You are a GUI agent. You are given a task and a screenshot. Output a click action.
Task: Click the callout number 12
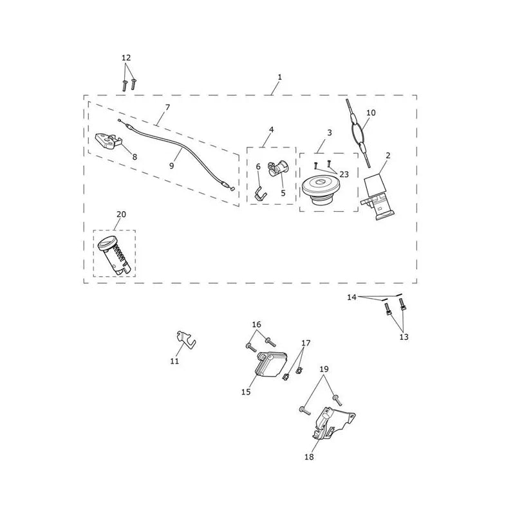tap(126, 58)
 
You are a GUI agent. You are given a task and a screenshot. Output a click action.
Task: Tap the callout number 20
tap(121, 214)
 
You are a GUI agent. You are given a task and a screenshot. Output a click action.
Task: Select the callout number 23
tap(344, 174)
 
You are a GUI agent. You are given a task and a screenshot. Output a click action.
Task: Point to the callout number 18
tap(309, 456)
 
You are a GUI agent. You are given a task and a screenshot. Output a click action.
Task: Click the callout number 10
tap(371, 113)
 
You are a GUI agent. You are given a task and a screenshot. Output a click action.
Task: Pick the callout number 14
tap(351, 297)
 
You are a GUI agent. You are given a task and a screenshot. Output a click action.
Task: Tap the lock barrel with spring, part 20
tap(115, 254)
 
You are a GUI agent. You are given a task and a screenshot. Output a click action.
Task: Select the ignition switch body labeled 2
tap(379, 196)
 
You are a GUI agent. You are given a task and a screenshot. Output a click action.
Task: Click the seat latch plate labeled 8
tap(108, 141)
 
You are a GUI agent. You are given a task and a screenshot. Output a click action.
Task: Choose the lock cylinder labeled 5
tap(279, 168)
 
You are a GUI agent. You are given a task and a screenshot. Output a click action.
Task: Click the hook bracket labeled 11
tap(185, 340)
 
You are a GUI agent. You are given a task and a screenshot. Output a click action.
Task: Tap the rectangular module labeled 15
tap(271, 364)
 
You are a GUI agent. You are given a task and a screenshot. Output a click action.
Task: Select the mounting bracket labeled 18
tap(332, 423)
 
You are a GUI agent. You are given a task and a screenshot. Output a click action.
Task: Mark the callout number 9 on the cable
tap(171, 166)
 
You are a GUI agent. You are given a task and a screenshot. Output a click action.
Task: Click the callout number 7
tap(167, 108)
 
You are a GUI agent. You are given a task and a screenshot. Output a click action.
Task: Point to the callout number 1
tap(279, 77)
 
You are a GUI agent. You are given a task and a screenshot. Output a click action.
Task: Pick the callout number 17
tap(306, 343)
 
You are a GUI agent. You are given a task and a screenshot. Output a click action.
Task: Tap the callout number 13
tap(404, 337)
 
